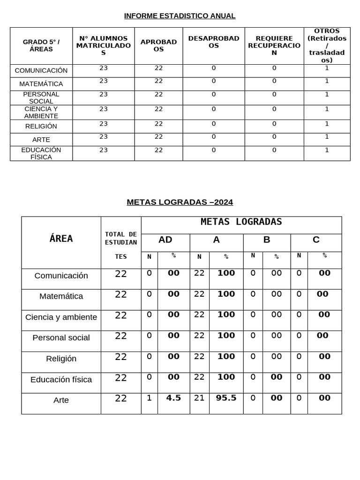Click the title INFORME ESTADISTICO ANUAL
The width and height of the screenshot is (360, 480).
pyautogui.click(x=180, y=16)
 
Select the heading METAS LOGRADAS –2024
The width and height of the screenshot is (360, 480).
pyautogui.click(x=180, y=202)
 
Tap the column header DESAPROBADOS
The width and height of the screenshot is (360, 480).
pyautogui.click(x=213, y=42)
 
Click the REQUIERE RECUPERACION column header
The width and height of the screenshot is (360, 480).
pyautogui.click(x=274, y=45)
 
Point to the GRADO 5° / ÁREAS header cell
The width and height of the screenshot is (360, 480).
pyautogui.click(x=41, y=45)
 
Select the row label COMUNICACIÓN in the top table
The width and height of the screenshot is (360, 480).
pyautogui.click(x=41, y=70)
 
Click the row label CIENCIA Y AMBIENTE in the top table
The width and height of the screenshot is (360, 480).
pyautogui.click(x=41, y=112)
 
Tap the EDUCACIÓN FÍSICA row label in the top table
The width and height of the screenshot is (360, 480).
pyautogui.click(x=41, y=153)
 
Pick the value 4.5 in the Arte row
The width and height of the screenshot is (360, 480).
pyautogui.click(x=173, y=398)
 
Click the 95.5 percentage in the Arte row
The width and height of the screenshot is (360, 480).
pyautogui.click(x=226, y=398)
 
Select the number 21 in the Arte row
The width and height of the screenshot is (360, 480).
pyautogui.click(x=199, y=398)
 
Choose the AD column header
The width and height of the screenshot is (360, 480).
pyautogui.click(x=165, y=240)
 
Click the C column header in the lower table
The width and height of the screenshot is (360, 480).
pyautogui.click(x=316, y=240)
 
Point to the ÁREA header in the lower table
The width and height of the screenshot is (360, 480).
pyautogui.click(x=61, y=239)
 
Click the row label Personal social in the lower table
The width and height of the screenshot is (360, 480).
pyautogui.click(x=61, y=337)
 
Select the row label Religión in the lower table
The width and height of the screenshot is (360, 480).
pyautogui.click(x=61, y=359)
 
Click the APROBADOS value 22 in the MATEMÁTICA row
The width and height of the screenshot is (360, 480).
pyautogui.click(x=158, y=81)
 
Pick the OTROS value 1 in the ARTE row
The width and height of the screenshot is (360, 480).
pyautogui.click(x=327, y=137)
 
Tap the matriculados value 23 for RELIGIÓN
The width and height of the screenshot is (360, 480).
pyautogui.click(x=104, y=124)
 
